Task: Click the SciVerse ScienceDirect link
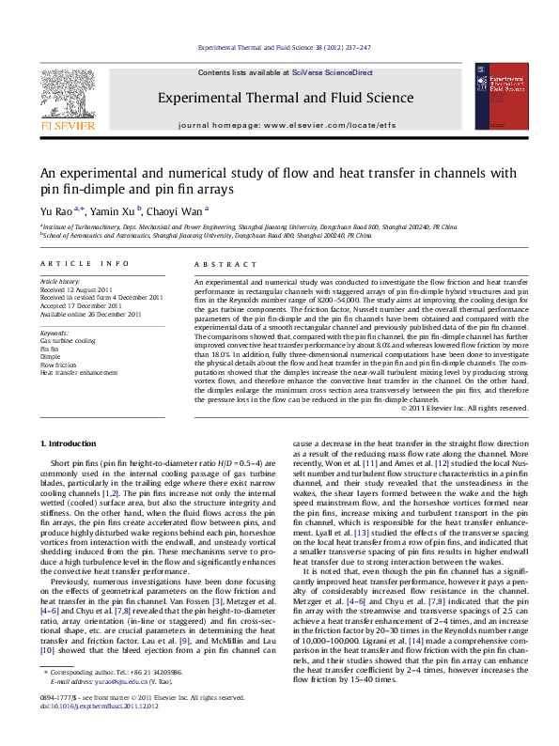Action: pyautogui.click(x=333, y=72)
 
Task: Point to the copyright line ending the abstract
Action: pyautogui.click(x=464, y=407)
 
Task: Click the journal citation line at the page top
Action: pyautogui.click(x=279, y=46)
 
